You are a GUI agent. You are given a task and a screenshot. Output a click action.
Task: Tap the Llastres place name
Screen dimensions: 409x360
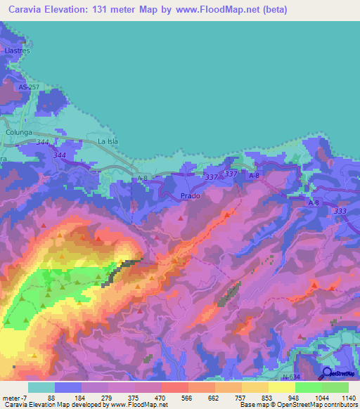pos(14,51)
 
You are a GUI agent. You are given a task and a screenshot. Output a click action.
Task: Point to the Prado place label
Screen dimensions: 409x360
pos(191,196)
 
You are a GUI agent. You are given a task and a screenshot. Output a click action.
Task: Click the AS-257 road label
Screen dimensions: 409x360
pos(30,86)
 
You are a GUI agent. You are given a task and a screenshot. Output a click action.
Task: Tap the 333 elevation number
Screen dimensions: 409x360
pos(340,211)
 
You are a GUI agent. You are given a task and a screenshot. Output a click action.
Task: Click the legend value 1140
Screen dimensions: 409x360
pos(348,397)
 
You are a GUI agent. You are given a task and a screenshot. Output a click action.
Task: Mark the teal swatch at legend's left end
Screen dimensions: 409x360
pos(41,387)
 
